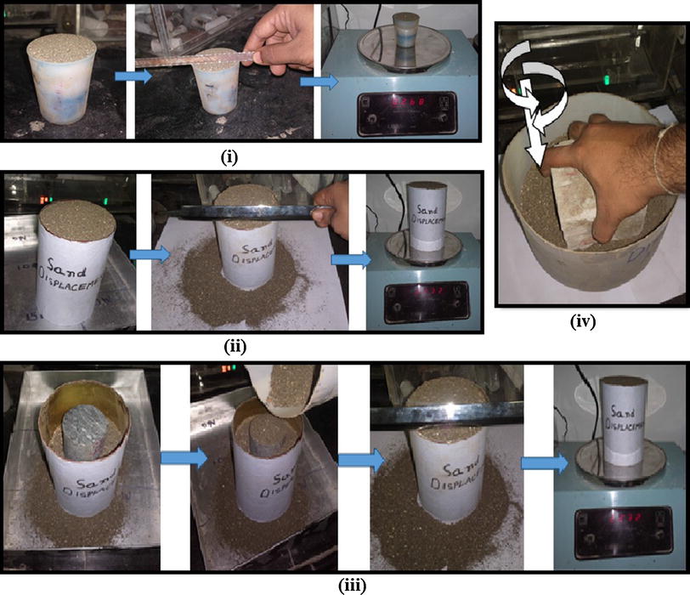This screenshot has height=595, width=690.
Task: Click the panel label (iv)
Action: point(591,323)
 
